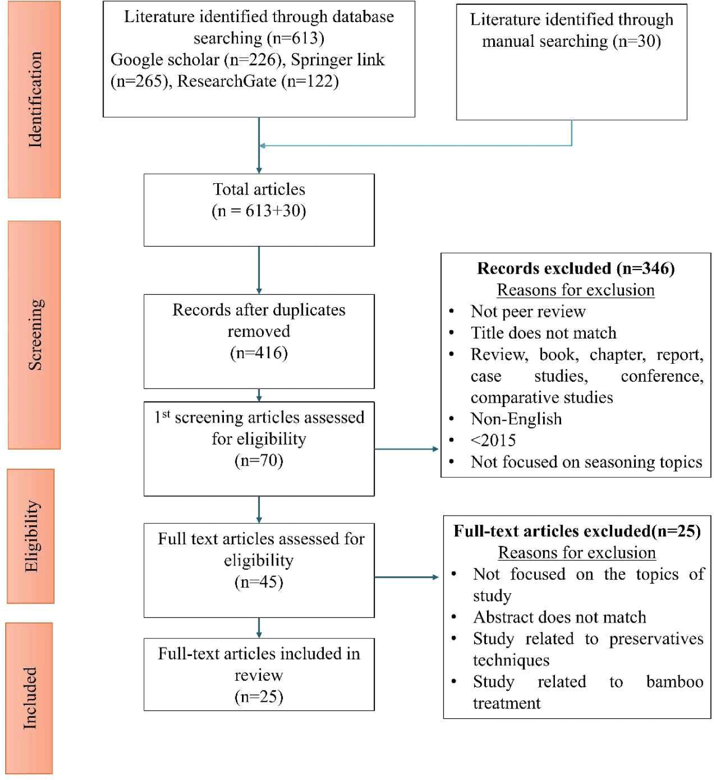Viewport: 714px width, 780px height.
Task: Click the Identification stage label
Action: [x=34, y=99]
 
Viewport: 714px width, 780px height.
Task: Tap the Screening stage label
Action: [x=34, y=334]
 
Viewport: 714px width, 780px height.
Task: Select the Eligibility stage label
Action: [x=31, y=536]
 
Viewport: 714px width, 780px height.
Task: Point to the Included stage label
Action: [x=30, y=698]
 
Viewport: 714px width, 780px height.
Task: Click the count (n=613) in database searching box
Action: [x=295, y=38]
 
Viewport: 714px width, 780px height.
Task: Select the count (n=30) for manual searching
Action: [x=636, y=41]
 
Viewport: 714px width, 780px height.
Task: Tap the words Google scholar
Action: [x=165, y=60]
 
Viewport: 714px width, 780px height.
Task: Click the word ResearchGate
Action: [x=227, y=81]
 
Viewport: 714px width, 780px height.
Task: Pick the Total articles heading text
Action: [x=259, y=189]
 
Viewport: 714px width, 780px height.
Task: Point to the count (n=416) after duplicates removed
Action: [x=259, y=353]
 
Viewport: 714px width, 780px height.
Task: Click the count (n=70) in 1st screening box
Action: [x=259, y=460]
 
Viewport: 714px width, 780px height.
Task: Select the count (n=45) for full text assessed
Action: [x=259, y=582]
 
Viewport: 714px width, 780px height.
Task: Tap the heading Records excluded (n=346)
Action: [x=576, y=268]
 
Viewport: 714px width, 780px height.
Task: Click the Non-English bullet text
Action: [x=516, y=419]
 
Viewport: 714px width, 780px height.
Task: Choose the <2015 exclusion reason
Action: [x=493, y=440]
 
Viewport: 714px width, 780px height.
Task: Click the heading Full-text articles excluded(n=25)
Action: [x=577, y=531]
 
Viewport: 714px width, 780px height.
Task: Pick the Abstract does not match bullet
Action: [x=559, y=617]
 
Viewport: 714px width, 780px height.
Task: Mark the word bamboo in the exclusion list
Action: [x=674, y=682]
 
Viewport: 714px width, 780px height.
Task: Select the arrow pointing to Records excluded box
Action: [x=407, y=449]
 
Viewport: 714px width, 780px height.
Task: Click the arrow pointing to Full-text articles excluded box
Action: [x=407, y=577]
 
